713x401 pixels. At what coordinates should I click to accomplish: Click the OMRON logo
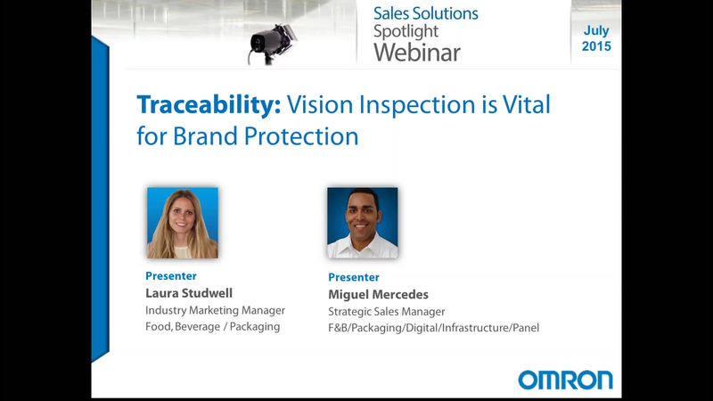[565, 380]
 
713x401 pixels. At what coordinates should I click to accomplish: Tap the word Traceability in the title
[209, 104]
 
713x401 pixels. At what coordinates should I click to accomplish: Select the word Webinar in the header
[417, 53]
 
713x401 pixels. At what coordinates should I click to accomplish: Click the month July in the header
[596, 31]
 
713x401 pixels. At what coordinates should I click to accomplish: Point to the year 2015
[596, 46]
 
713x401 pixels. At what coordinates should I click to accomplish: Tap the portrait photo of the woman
[183, 223]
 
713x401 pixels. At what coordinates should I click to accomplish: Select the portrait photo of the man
[363, 223]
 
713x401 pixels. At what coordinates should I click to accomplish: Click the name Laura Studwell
[189, 293]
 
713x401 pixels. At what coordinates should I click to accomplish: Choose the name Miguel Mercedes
[378, 295]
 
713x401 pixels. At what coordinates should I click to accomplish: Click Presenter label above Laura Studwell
[171, 276]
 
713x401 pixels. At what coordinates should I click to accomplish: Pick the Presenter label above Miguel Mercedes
[354, 277]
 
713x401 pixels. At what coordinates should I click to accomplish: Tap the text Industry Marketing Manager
[215, 310]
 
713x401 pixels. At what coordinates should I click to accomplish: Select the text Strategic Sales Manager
[387, 312]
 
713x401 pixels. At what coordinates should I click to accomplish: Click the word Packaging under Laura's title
[255, 327]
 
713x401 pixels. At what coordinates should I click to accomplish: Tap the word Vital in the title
[526, 104]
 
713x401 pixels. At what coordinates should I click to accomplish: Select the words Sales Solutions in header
[426, 13]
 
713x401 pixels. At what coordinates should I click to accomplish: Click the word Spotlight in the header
[406, 32]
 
